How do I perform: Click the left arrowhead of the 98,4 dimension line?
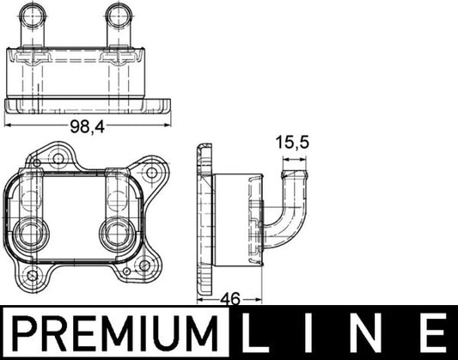pyautogui.click(x=9, y=125)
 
